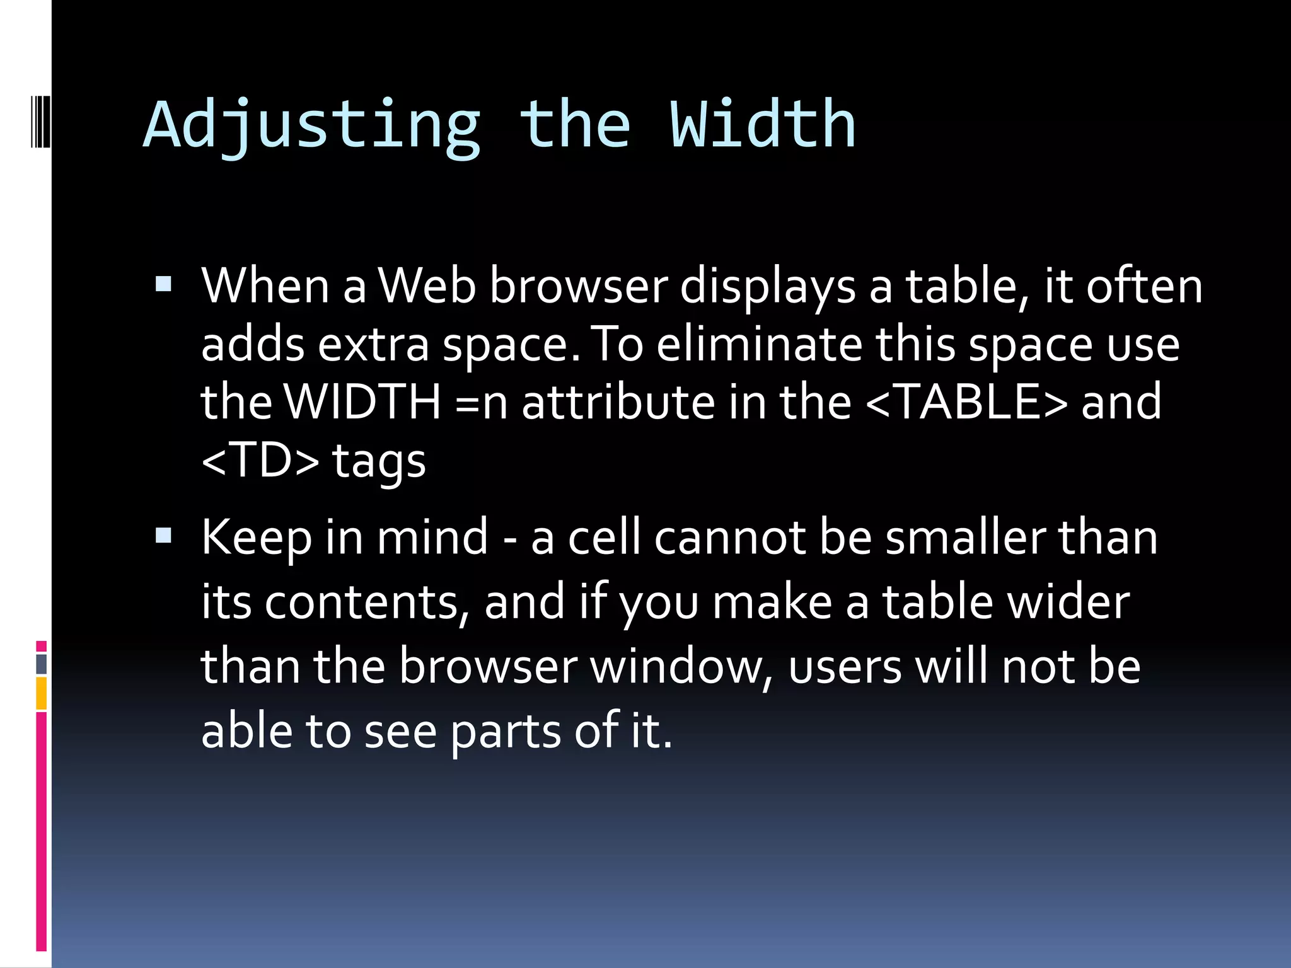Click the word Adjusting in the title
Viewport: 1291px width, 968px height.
(312, 125)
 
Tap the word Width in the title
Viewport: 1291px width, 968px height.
(762, 125)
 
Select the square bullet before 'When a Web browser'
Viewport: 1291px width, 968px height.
(163, 285)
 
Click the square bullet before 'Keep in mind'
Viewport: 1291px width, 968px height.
(163, 536)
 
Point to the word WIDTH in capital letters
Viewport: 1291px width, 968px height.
(362, 401)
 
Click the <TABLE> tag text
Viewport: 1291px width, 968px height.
(967, 401)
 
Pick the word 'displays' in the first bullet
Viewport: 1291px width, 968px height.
(768, 287)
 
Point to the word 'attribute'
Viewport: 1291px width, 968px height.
(618, 401)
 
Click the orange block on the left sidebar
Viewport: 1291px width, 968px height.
(41, 693)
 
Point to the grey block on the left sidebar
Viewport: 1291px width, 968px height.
(41, 664)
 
